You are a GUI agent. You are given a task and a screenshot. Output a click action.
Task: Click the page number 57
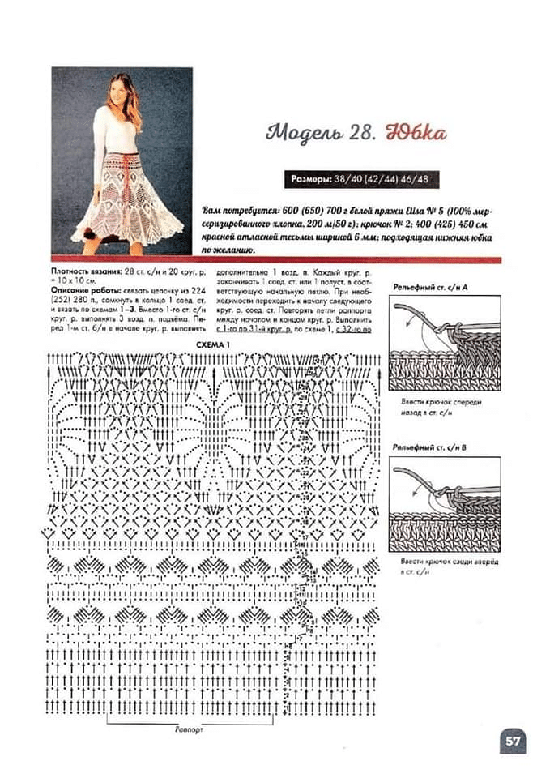click(512, 740)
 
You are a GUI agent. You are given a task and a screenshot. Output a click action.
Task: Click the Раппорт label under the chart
click(188, 729)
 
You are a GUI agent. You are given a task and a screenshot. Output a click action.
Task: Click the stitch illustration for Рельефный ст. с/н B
click(445, 503)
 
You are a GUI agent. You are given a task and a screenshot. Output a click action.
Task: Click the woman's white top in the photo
click(113, 130)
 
